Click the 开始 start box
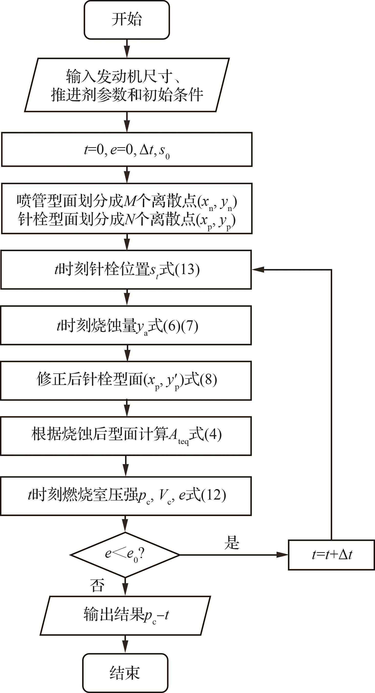click(x=127, y=20)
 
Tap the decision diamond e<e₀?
click(x=125, y=555)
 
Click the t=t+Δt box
click(x=332, y=555)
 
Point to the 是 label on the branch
click(x=232, y=542)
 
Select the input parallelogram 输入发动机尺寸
click(x=127, y=85)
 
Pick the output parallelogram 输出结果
click(x=125, y=615)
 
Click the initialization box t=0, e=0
click(x=127, y=150)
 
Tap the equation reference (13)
click(x=187, y=269)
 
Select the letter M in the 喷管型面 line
click(x=130, y=201)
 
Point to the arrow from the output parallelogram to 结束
click(x=125, y=644)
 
